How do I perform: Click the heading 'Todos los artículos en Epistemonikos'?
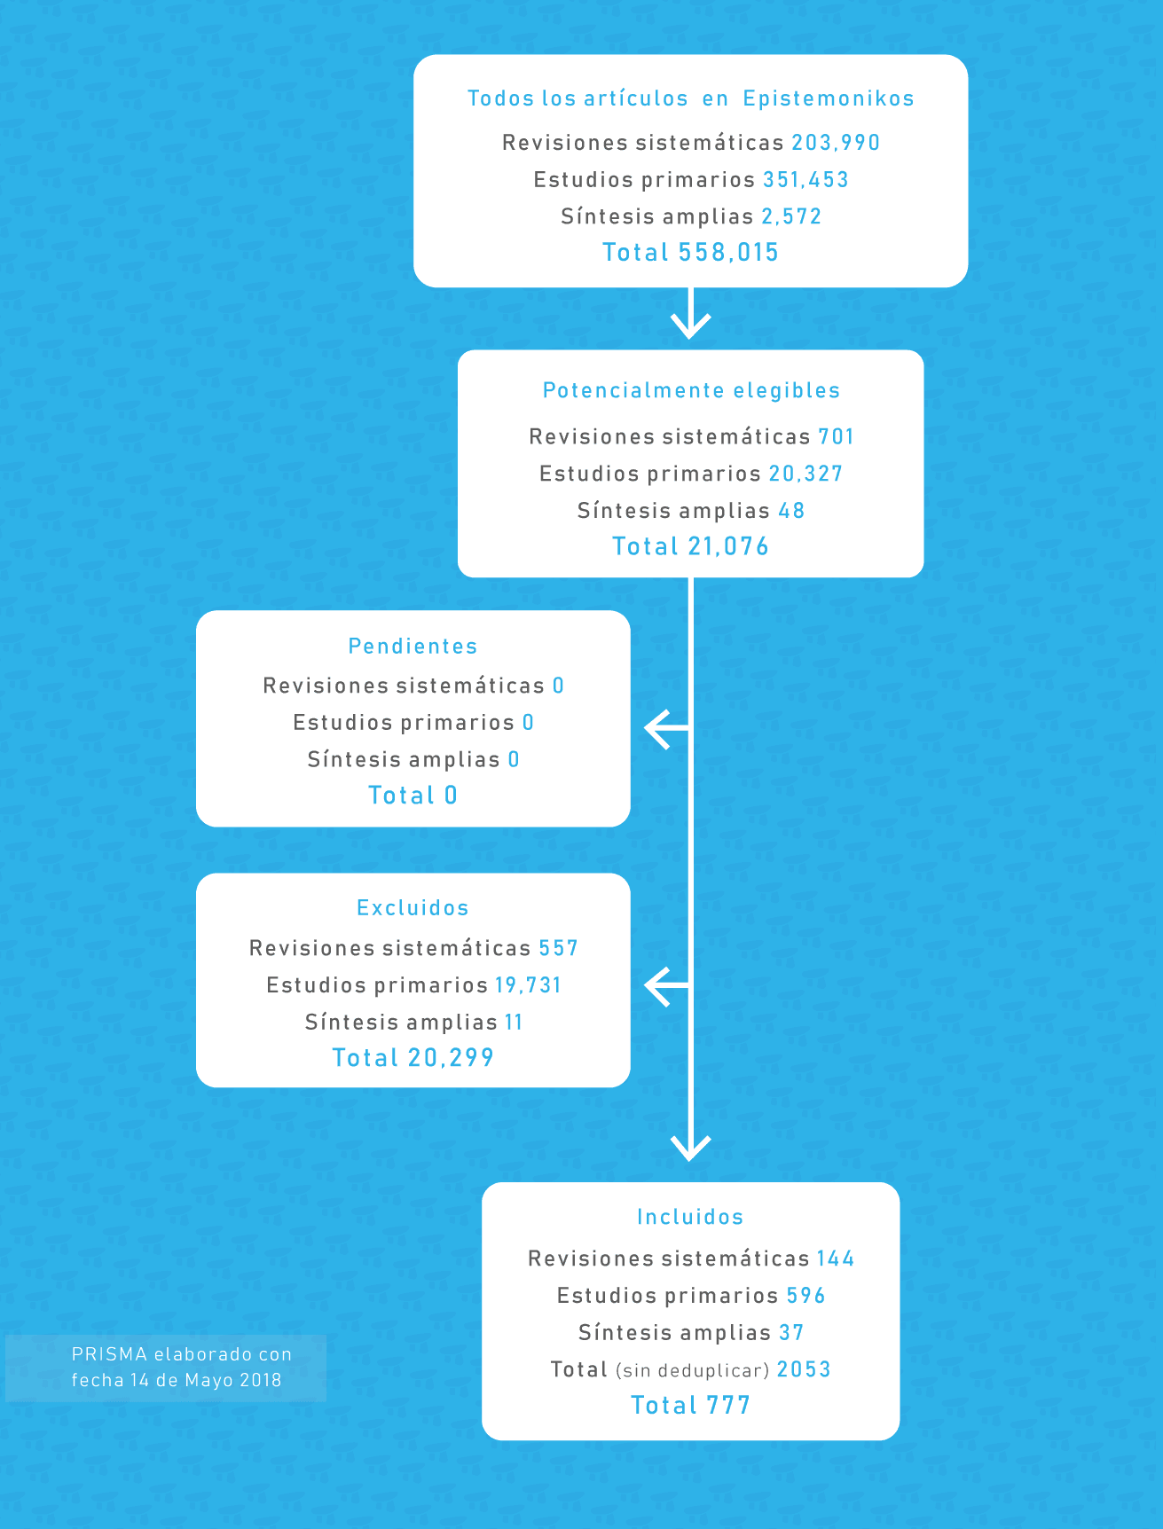coord(690,98)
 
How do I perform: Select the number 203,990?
coord(836,143)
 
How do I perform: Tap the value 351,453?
coord(805,180)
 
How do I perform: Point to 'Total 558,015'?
coord(690,253)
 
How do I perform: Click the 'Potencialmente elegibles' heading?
coord(691,390)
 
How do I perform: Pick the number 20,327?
coord(805,474)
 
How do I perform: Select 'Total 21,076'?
coord(690,546)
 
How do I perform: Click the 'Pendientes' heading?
coord(413,647)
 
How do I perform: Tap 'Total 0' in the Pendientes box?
coord(413,796)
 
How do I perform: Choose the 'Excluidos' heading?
coord(413,908)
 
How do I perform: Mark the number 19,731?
coord(528,985)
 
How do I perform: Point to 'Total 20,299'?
coord(413,1058)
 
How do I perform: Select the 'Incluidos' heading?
coord(690,1217)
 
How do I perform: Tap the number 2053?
coord(804,1369)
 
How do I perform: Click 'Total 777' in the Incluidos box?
coord(690,1406)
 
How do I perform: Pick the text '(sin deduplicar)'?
coord(692,1371)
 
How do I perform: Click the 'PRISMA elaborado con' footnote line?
coord(182,1354)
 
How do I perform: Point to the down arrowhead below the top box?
coord(690,325)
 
